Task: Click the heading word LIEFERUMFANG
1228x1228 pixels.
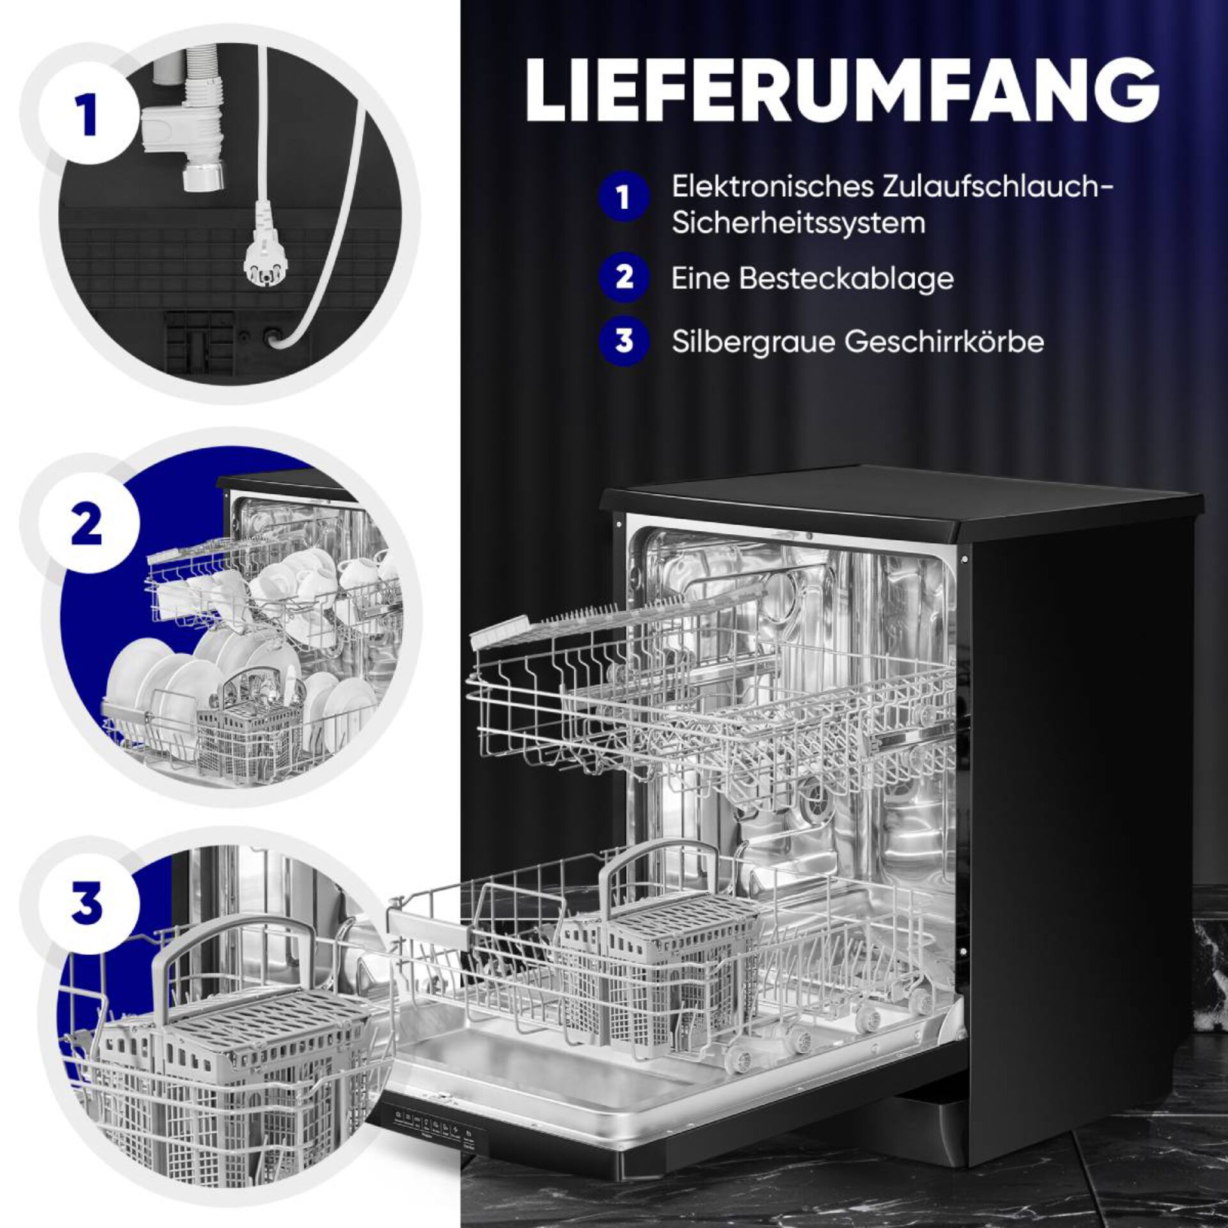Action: (842, 90)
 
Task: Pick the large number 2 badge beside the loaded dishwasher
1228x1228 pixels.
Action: (88, 523)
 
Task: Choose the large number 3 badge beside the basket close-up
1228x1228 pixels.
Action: (88, 902)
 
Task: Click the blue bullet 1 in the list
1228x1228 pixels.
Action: (624, 197)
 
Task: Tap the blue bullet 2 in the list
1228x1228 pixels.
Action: (624, 278)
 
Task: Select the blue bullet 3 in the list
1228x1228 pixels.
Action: (624, 341)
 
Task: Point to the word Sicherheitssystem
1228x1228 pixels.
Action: (798, 223)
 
